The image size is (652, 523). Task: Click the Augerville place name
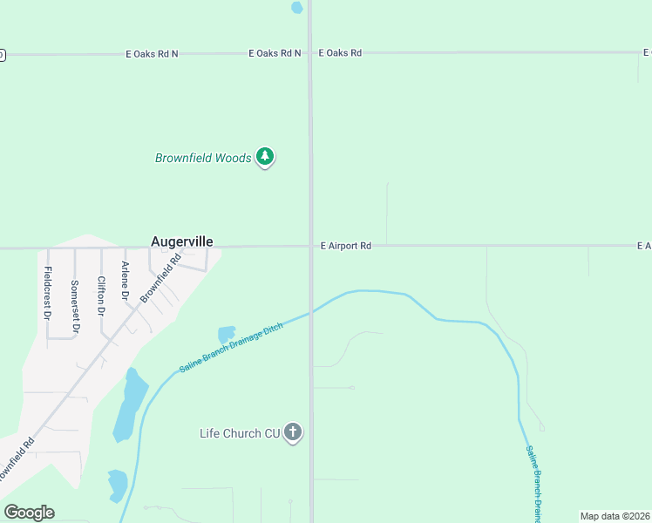[x=182, y=241]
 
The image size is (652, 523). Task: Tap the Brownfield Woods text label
[x=203, y=159]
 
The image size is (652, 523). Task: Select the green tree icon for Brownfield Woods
[x=265, y=157]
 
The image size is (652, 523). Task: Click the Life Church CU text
[x=239, y=433]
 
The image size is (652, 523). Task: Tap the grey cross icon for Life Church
[x=293, y=431]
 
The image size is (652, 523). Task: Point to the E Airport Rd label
[x=346, y=247]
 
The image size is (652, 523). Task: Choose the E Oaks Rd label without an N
[x=340, y=53]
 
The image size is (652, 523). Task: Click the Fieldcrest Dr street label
[x=48, y=290]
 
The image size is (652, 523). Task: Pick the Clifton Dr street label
[x=101, y=296]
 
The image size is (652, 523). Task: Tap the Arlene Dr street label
[x=126, y=282]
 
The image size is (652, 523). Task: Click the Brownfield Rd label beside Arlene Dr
[x=160, y=277]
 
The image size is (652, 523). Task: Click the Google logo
[x=29, y=513]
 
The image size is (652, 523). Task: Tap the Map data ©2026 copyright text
[x=615, y=516]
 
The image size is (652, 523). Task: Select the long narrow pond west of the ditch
[x=130, y=405]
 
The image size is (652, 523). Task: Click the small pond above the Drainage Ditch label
[x=227, y=334]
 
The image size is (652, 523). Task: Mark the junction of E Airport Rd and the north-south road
[x=310, y=247]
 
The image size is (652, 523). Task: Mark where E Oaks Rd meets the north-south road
[x=310, y=53]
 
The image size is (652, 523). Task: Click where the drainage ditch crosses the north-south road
[x=310, y=313]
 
